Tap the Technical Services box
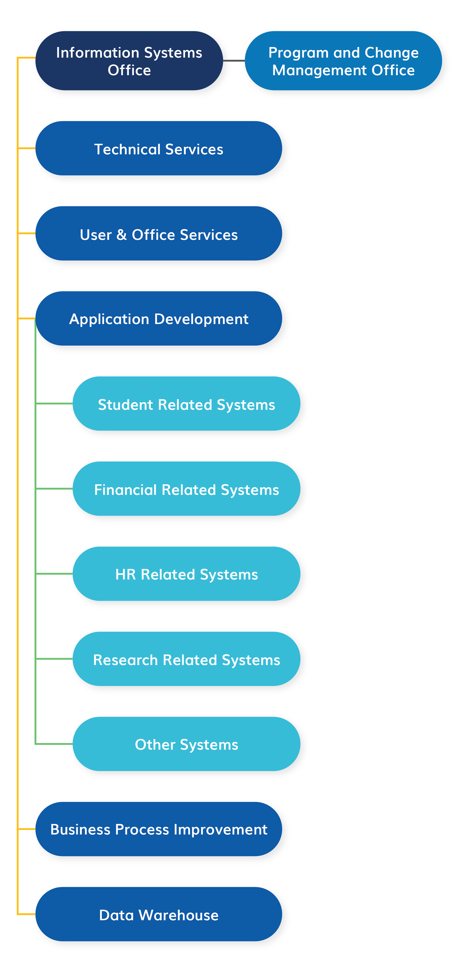tap(158, 148)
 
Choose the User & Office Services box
tap(158, 233)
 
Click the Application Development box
tap(158, 318)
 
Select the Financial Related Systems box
tap(186, 489)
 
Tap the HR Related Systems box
tap(186, 574)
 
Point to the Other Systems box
tap(186, 744)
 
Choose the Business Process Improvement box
tap(158, 829)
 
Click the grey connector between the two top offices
tap(234, 60)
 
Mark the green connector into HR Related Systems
tap(54, 574)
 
